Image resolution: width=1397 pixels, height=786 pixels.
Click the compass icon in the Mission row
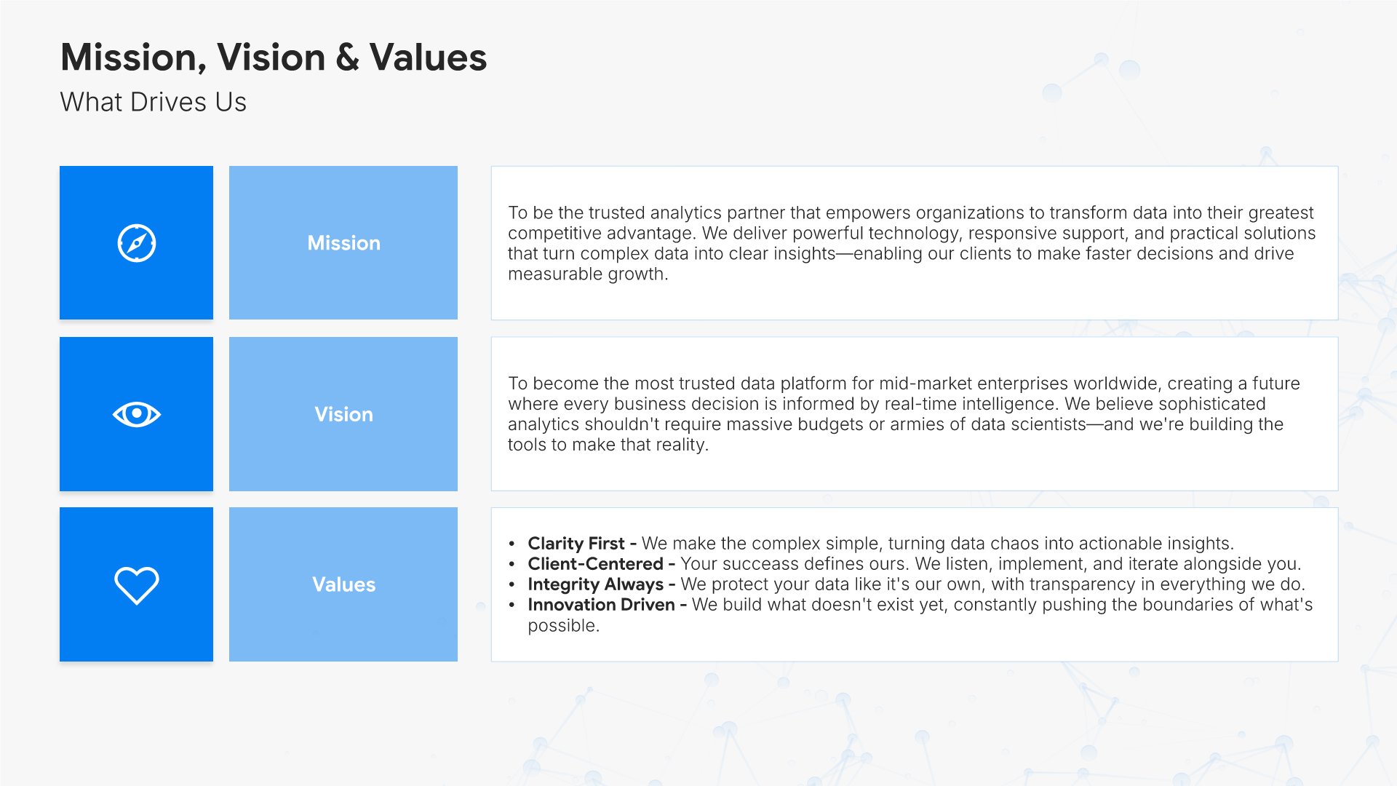point(136,243)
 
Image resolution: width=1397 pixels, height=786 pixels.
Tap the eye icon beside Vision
point(136,414)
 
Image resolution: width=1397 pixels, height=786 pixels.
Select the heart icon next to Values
point(136,585)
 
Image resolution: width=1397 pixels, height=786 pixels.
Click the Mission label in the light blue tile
point(343,243)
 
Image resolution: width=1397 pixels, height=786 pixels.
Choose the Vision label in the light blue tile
point(343,414)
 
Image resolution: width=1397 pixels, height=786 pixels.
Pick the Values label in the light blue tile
point(343,584)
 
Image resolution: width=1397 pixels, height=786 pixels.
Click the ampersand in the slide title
point(348,57)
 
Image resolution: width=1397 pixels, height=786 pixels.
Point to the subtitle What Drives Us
point(154,102)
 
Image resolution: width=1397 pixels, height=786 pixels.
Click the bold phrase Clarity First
point(576,544)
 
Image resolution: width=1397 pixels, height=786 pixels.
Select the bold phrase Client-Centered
point(595,564)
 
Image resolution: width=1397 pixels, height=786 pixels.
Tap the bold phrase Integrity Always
point(595,584)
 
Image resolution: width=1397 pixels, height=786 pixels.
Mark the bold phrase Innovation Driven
point(601,605)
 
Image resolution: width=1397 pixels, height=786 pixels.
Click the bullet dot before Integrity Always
point(512,584)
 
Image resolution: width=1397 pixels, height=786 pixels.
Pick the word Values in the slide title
point(428,57)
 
